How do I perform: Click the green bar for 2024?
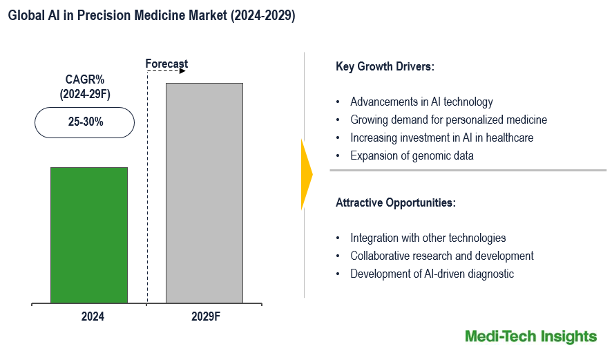pyautogui.click(x=89, y=235)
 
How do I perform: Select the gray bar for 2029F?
pyautogui.click(x=204, y=193)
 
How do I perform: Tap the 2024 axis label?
pyautogui.click(x=93, y=317)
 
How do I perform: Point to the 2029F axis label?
pyautogui.click(x=206, y=317)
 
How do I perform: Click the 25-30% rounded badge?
pyautogui.click(x=85, y=122)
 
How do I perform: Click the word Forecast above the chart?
pyautogui.click(x=166, y=64)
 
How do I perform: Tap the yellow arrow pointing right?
pyautogui.click(x=307, y=174)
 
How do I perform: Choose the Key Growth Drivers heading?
pyautogui.click(x=385, y=67)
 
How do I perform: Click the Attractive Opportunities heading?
pyautogui.click(x=395, y=203)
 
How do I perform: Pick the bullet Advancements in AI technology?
pyautogui.click(x=421, y=102)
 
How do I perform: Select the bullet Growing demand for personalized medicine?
pyautogui.click(x=448, y=120)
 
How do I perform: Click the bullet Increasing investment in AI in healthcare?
pyautogui.click(x=441, y=138)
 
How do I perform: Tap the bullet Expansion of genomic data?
pyautogui.click(x=412, y=155)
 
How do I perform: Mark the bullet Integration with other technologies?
pyautogui.click(x=428, y=238)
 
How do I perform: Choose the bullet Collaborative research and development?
pyautogui.click(x=441, y=256)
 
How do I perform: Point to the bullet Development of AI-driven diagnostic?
pyautogui.click(x=432, y=274)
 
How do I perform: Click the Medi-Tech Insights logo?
pyautogui.click(x=530, y=337)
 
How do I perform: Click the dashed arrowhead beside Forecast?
pyautogui.click(x=182, y=70)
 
